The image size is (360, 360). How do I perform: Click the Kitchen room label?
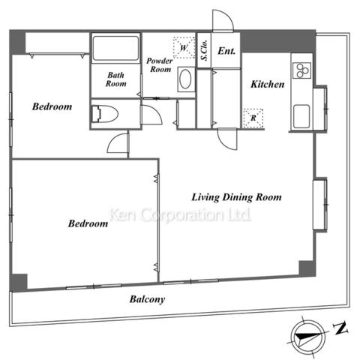268,84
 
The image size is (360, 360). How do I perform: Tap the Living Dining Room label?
236,197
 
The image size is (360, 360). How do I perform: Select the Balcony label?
147,299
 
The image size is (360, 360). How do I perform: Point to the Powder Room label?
160,65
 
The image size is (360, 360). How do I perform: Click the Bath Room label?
115,79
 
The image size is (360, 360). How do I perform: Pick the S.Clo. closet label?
204,50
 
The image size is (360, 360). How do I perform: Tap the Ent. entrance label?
226,51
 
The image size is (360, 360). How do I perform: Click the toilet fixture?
104,114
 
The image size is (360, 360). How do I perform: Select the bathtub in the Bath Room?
115,48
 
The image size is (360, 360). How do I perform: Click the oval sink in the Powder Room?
185,79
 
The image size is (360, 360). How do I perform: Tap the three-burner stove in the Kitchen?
301,70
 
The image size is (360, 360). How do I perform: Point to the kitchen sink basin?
301,116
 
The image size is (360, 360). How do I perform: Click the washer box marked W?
184,47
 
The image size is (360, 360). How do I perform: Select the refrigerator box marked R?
253,118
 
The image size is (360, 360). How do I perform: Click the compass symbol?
308,336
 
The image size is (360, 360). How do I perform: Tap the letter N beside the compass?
340,328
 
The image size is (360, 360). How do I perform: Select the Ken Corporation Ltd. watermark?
181,215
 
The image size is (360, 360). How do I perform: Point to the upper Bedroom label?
52,106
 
